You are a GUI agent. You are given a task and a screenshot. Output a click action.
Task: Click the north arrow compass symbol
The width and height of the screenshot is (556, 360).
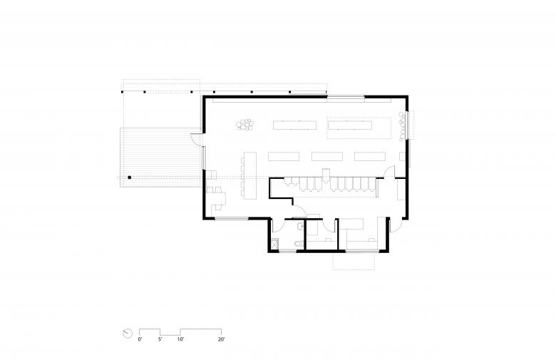pyautogui.click(x=128, y=334)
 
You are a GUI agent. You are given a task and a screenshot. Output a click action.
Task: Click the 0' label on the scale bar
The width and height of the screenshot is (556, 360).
pyautogui.click(x=140, y=339)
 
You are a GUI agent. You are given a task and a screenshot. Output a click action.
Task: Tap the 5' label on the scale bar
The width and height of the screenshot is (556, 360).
pyautogui.click(x=160, y=339)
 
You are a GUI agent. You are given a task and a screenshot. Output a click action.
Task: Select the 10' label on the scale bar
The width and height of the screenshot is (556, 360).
pyautogui.click(x=180, y=339)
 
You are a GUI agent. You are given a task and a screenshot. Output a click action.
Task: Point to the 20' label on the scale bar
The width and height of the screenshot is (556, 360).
pyautogui.click(x=221, y=339)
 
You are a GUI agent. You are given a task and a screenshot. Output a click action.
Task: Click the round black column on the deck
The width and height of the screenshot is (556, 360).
pyautogui.click(x=130, y=178)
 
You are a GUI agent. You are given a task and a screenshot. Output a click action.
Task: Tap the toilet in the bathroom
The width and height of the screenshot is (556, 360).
pyautogui.click(x=299, y=243)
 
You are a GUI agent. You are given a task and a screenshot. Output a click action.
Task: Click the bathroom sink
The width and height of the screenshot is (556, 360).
pyautogui.click(x=300, y=226)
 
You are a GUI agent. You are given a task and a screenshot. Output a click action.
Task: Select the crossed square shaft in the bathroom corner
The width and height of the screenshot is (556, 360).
pyautogui.click(x=275, y=244)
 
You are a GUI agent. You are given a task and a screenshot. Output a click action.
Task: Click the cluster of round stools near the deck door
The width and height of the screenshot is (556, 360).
pyautogui.click(x=245, y=125)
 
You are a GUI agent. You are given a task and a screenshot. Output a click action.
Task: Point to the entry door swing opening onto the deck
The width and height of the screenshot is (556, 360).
pyautogui.click(x=197, y=140)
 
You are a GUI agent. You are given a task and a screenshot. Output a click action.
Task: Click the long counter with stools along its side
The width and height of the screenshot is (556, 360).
pyautogui.click(x=249, y=175)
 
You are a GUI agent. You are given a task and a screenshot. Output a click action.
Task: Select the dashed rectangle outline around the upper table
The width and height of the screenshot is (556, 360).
pyautogui.click(x=359, y=128)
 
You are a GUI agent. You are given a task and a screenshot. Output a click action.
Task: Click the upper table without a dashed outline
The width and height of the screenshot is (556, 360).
pyautogui.click(x=294, y=125)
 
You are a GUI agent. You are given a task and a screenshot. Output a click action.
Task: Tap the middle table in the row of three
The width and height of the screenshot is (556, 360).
pyautogui.click(x=327, y=156)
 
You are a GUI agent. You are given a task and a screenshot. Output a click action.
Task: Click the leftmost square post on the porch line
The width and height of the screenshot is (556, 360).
pyautogui.click(x=123, y=92)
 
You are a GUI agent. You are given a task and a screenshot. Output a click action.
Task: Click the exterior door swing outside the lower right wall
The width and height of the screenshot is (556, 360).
pyautogui.click(x=396, y=225)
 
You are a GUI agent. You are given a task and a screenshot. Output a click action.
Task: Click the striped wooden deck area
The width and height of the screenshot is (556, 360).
pyautogui.click(x=160, y=158)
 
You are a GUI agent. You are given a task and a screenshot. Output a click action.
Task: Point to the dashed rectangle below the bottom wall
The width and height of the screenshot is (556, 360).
pyautogui.click(x=354, y=261)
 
